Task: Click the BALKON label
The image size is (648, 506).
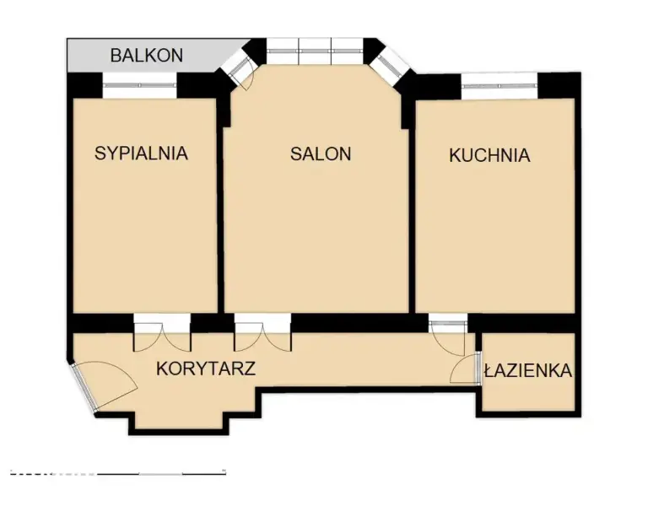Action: pos(147,56)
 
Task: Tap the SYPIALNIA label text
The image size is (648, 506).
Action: pos(142,153)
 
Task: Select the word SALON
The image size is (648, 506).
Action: pos(321,154)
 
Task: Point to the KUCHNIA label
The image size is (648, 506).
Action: pos(489,155)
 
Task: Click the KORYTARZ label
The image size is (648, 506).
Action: pos(206,369)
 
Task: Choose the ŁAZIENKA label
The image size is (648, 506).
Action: pos(528,370)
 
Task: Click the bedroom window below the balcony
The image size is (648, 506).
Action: pos(140,85)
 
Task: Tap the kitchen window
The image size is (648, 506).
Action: pos(499,86)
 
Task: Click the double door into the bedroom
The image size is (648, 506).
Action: pos(162,332)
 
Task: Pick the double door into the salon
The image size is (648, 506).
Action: pos(263,332)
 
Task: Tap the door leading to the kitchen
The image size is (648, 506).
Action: pos(448,334)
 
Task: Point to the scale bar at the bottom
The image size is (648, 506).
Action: pos(118,472)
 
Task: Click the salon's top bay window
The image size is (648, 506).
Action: pos(315,51)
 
